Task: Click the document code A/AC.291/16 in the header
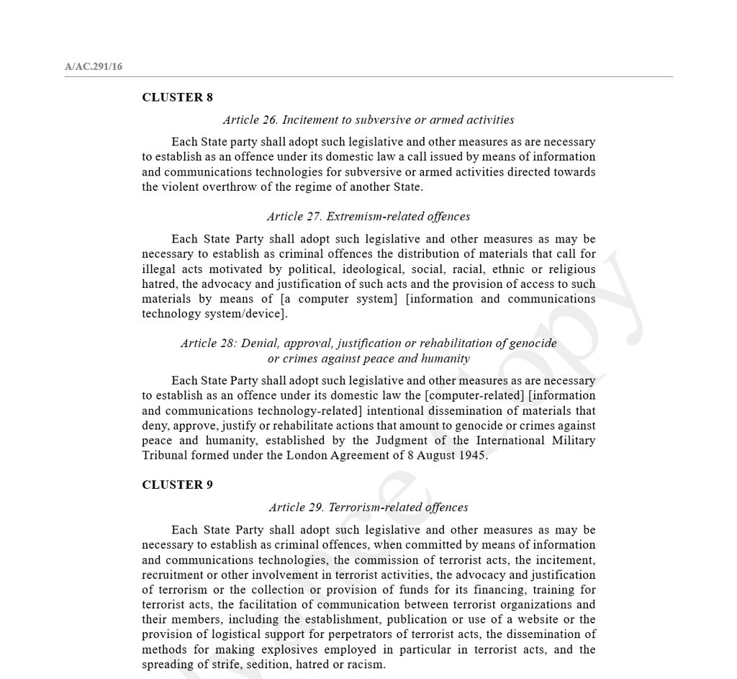point(94,67)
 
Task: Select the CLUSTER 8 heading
point(177,97)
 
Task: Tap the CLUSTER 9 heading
point(177,485)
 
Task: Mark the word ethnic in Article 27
point(508,269)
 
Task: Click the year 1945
point(472,455)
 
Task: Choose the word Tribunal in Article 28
point(166,455)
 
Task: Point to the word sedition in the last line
point(269,665)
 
